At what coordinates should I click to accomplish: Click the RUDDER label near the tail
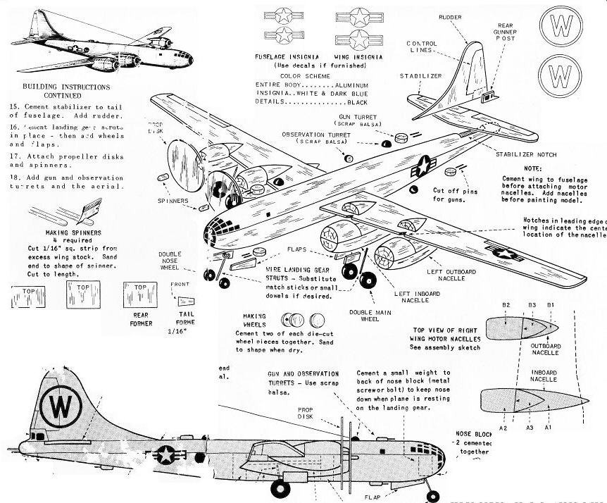(x=451, y=15)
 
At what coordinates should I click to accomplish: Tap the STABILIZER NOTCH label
(x=526, y=154)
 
